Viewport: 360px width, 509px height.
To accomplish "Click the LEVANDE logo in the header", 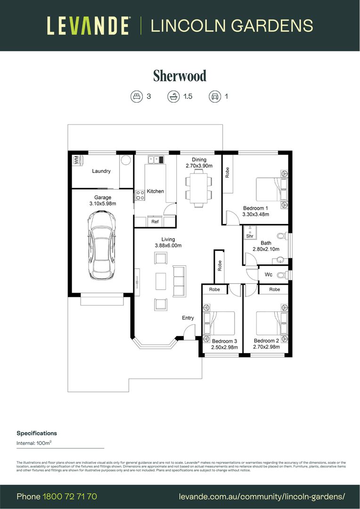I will click(88, 25).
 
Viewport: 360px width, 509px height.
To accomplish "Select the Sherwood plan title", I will click(180, 75).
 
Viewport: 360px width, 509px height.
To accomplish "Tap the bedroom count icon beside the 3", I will click(136, 97).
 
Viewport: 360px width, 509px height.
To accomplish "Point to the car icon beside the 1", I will click(215, 97).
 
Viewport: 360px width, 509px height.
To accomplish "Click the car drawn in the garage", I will click(101, 245).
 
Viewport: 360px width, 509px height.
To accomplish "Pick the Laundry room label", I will click(101, 171).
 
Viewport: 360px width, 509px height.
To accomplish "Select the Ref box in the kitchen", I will click(155, 222).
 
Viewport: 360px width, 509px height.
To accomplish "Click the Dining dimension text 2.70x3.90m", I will click(199, 166).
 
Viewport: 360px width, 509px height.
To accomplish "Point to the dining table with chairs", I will click(198, 189).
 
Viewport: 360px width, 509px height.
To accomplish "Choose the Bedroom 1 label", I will click(255, 208).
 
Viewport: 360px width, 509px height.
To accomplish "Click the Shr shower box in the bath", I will click(250, 233).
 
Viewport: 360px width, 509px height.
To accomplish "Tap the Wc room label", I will click(268, 274).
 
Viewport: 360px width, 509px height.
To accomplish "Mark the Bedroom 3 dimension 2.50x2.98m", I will click(224, 347).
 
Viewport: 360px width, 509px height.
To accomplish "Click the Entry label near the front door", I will click(188, 318).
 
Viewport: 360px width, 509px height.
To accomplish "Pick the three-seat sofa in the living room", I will click(180, 281).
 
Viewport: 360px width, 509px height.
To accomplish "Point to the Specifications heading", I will click(37, 433).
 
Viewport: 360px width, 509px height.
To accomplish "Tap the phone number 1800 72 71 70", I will click(70, 496).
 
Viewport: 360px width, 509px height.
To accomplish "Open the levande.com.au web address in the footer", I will click(262, 496).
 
